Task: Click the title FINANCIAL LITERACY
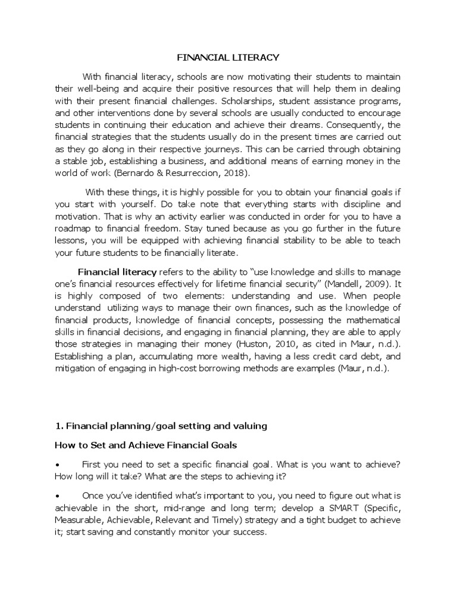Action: (228, 58)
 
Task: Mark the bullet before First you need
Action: (57, 465)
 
